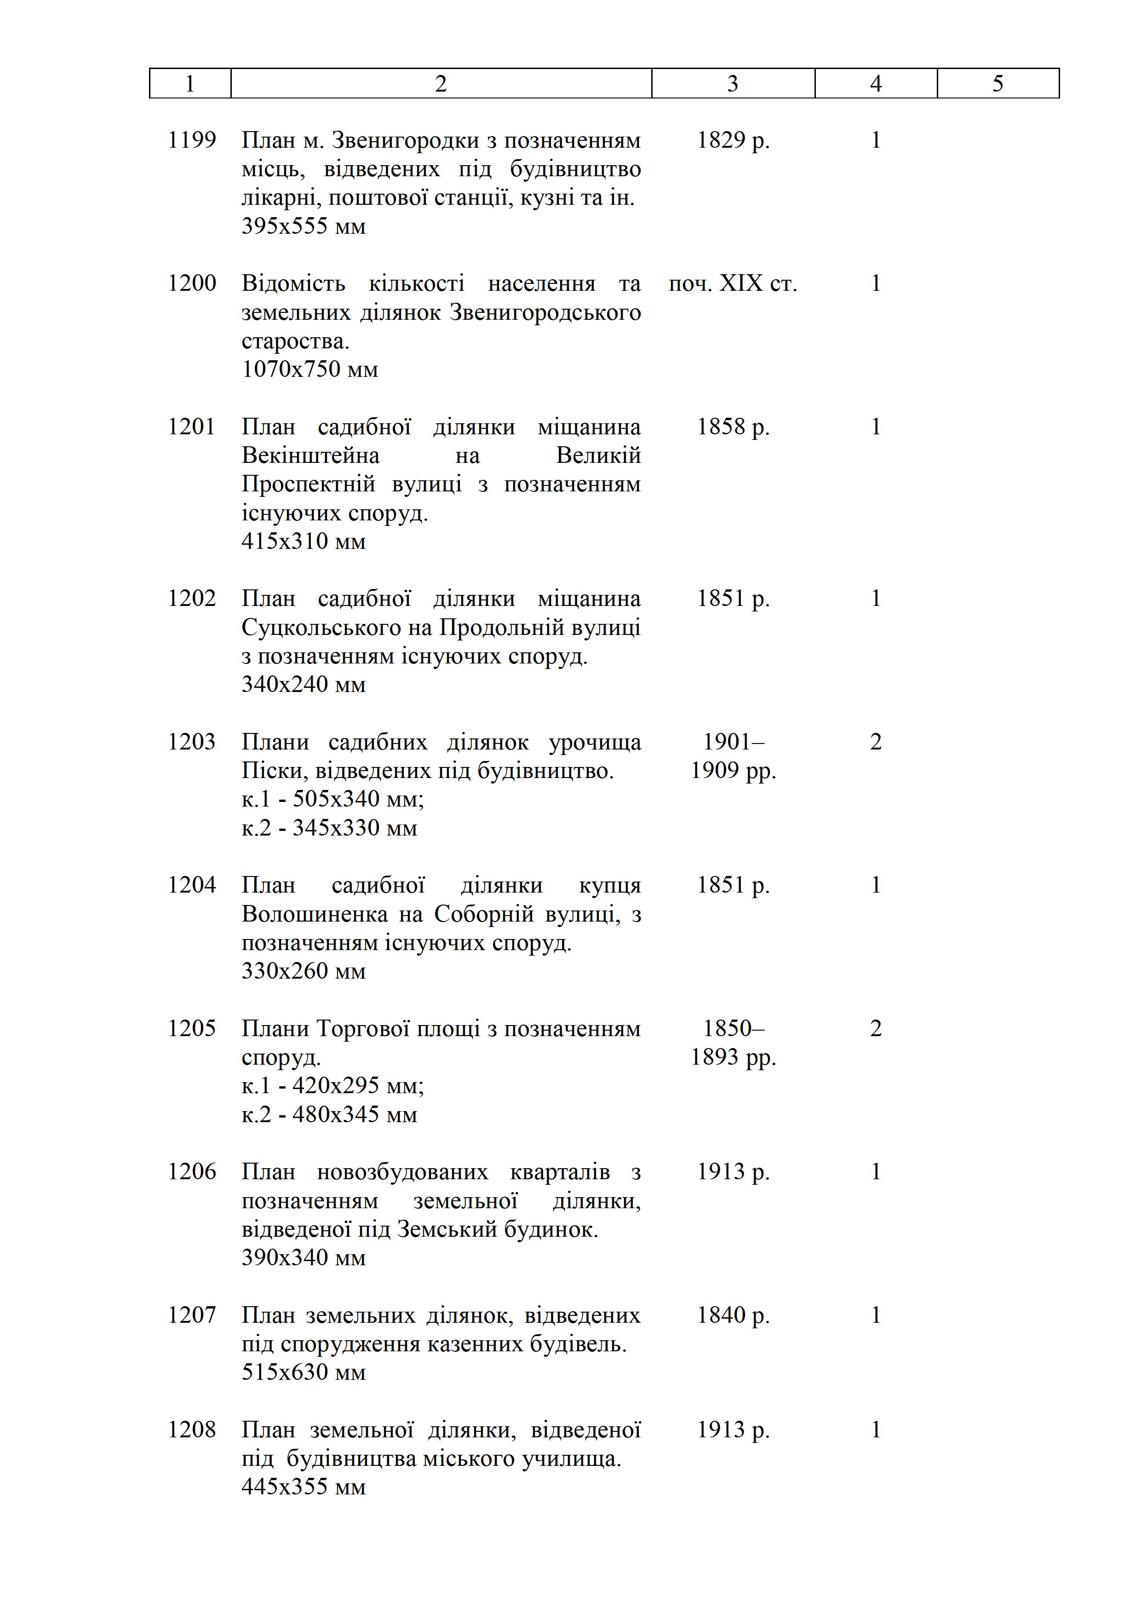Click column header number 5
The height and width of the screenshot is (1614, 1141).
pos(998,84)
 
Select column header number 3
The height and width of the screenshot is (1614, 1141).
pos(733,84)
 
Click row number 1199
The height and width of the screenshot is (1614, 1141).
pos(192,140)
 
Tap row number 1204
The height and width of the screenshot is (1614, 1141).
pos(192,885)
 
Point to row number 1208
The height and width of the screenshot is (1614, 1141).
pos(192,1430)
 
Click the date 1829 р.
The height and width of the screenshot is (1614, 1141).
pos(733,140)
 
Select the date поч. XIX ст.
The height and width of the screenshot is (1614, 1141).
pos(733,283)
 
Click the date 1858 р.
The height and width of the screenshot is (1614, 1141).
pos(733,427)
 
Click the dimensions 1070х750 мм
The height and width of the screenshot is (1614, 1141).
pos(310,369)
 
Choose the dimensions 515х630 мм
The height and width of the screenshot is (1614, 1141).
pos(304,1372)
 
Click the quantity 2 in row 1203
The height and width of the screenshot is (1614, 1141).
pos(876,742)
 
